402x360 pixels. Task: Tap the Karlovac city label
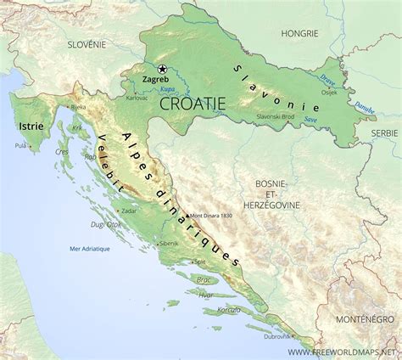137,98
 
